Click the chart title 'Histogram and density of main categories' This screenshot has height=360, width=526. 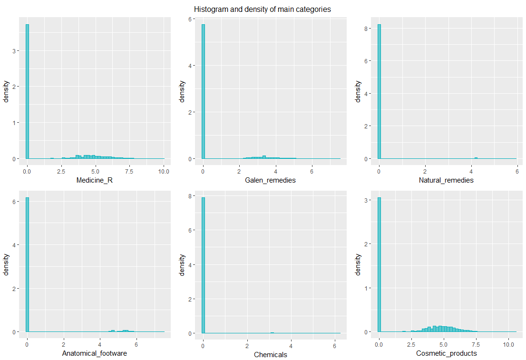(x=263, y=9)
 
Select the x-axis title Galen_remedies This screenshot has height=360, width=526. (x=270, y=180)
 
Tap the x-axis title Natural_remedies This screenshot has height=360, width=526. (x=446, y=180)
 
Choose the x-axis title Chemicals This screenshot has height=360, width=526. (x=270, y=355)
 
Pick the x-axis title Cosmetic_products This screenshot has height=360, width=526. (x=446, y=353)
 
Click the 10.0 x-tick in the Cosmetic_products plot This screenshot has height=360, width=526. (x=508, y=342)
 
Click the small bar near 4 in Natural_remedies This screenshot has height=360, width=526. (x=476, y=158)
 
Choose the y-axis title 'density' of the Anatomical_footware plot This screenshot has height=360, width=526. (x=7, y=264)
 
